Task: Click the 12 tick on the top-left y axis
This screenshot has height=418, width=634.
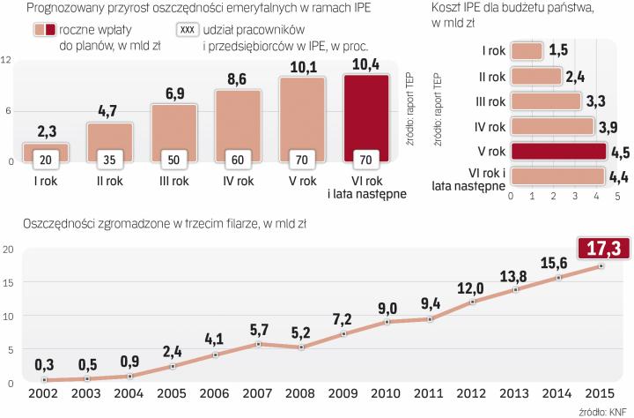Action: pos(7,60)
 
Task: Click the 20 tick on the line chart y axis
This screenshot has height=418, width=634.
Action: pos(8,250)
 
